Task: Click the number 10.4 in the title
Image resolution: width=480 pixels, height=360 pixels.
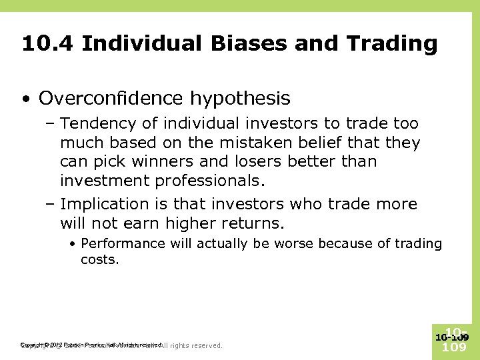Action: [x=47, y=44]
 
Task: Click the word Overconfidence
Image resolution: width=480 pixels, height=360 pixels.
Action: [x=110, y=99]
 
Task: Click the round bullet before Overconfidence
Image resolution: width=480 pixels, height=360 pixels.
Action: [x=25, y=99]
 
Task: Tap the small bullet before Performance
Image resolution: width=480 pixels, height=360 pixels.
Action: [x=73, y=244]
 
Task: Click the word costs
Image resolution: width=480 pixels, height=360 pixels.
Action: [x=99, y=259]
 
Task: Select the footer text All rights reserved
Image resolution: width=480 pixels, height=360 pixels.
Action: [x=191, y=345]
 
